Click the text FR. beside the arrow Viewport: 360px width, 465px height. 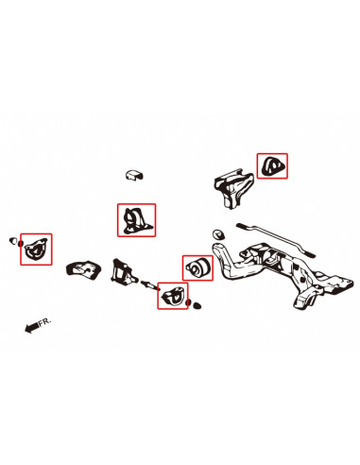(47, 323)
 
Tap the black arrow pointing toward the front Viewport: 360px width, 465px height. (33, 327)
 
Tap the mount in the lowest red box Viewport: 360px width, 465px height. (172, 298)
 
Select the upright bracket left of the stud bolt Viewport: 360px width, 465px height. (123, 273)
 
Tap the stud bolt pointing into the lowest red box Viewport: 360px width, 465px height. (148, 285)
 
